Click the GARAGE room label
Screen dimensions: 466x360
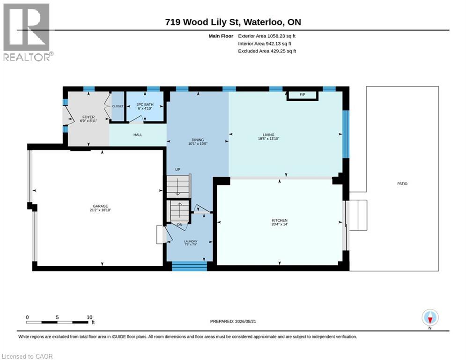click(x=100, y=206)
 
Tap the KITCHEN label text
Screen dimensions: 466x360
click(x=280, y=220)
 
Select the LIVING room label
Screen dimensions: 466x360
click(x=268, y=135)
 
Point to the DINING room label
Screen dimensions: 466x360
click(x=198, y=140)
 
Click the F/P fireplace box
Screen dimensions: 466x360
click(x=303, y=96)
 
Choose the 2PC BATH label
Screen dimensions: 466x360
click(x=145, y=105)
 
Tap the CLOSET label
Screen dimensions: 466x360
click(x=118, y=106)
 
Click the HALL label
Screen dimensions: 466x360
click(x=138, y=135)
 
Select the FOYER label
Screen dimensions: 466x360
click(x=89, y=117)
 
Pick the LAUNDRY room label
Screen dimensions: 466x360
click(x=191, y=241)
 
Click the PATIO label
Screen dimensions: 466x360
click(x=402, y=184)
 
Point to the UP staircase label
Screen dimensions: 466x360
click(x=178, y=170)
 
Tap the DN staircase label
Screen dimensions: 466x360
click(x=180, y=225)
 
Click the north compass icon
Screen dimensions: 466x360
click(x=430, y=318)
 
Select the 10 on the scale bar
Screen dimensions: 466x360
click(x=89, y=317)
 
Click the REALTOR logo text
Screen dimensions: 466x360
click(x=27, y=57)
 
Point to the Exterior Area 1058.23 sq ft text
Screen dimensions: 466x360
click(x=267, y=36)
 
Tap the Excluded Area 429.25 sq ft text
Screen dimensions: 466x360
click(x=267, y=51)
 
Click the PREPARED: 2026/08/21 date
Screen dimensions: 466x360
click(x=233, y=321)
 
